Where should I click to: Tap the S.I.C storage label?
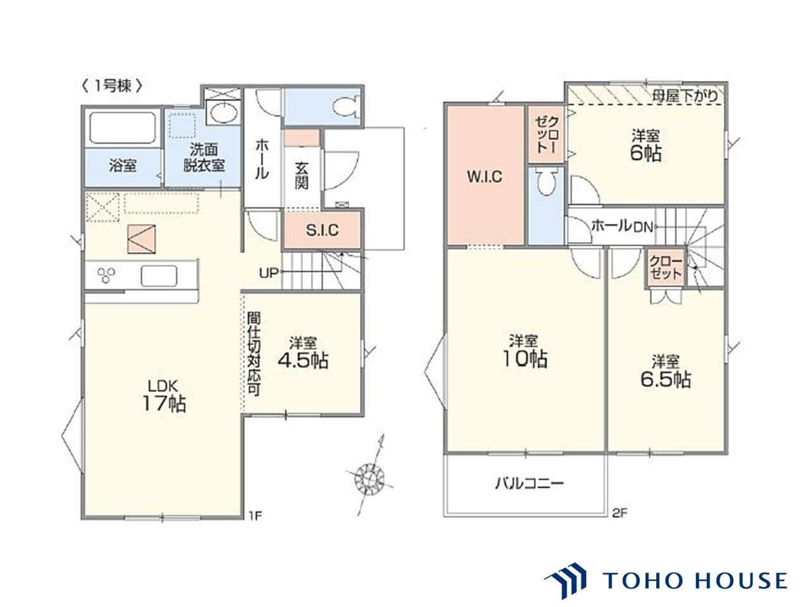322,230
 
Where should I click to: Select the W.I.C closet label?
485,176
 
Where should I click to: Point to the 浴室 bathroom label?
123,166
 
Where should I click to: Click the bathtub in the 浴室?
123,128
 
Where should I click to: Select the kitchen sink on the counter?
159,276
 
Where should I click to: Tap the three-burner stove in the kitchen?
106,275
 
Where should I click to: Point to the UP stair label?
268,273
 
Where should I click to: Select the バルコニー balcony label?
529,483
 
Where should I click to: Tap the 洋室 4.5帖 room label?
302,353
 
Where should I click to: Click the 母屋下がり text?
685,96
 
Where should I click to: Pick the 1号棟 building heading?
112,86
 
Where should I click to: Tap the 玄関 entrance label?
301,176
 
